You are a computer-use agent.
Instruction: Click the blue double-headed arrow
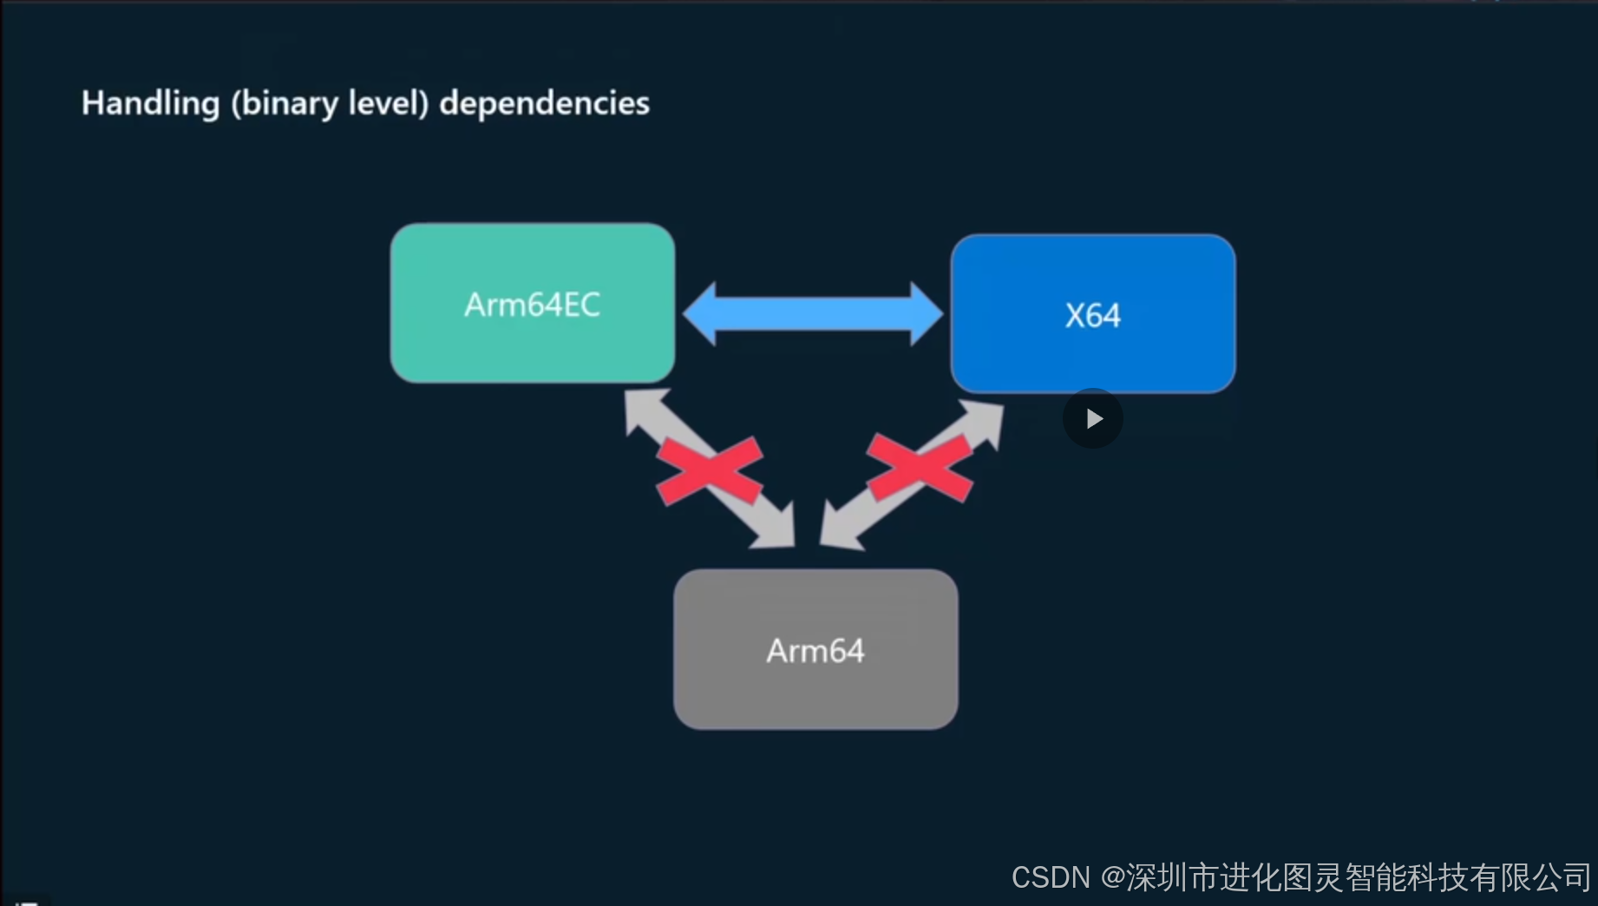(813, 313)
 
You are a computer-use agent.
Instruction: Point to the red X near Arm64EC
(709, 471)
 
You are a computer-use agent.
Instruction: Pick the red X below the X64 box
(920, 469)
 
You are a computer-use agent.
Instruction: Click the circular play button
(1093, 418)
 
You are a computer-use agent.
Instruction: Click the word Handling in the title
(150, 103)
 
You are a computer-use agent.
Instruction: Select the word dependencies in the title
(544, 103)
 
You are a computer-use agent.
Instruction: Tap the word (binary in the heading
(284, 103)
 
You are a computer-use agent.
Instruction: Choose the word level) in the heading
(389, 103)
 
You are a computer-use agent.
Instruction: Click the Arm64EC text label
(533, 305)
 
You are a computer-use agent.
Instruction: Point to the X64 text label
(1093, 315)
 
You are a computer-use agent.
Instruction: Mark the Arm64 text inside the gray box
(815, 651)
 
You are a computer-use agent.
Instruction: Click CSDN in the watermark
(1050, 877)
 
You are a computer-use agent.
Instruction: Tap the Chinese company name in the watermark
(1358, 877)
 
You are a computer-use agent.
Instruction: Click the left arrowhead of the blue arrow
(699, 313)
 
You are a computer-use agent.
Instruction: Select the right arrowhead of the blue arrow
(927, 313)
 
